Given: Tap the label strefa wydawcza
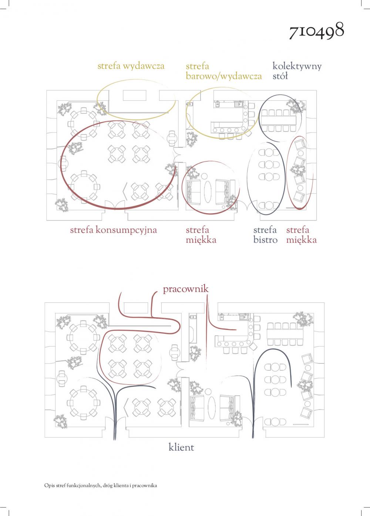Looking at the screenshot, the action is pyautogui.click(x=131, y=66).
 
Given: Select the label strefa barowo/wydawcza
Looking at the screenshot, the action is pyautogui.click(x=223, y=71).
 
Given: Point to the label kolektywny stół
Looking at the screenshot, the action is pyautogui.click(x=297, y=71).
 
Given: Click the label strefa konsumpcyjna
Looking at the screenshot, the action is pyautogui.click(x=114, y=230).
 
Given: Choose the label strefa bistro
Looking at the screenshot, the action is pyautogui.click(x=265, y=235).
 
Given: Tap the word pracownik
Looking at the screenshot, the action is pyautogui.click(x=186, y=289).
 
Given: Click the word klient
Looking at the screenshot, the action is pyautogui.click(x=181, y=447).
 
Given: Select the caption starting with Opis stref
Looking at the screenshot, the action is pyautogui.click(x=101, y=486).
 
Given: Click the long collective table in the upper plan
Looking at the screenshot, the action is pyautogui.click(x=278, y=120).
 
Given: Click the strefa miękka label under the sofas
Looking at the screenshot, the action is pyautogui.click(x=201, y=235).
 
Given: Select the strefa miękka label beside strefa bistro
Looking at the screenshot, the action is pyautogui.click(x=302, y=235).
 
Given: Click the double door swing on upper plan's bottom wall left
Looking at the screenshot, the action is pyautogui.click(x=115, y=205).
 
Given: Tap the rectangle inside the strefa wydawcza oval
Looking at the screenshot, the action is pyautogui.click(x=134, y=96).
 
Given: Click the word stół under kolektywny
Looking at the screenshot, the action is pyautogui.click(x=280, y=76).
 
